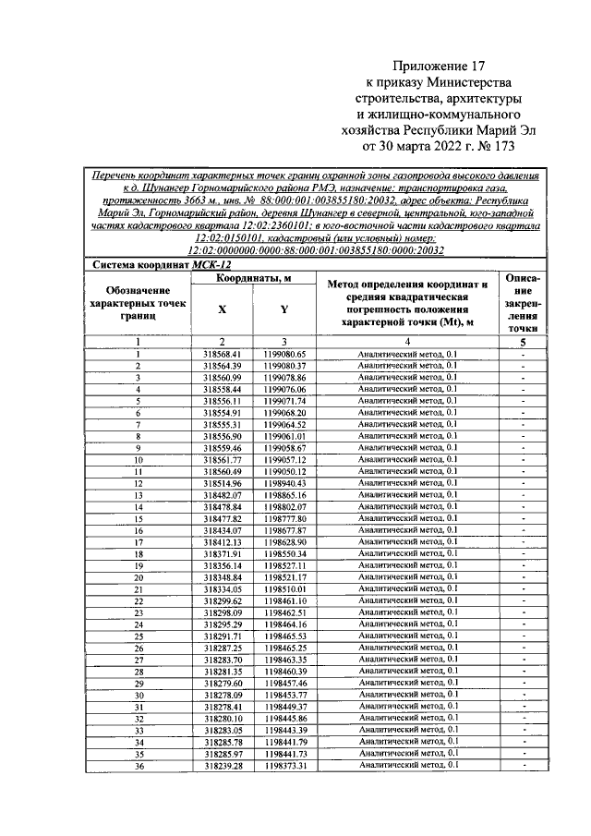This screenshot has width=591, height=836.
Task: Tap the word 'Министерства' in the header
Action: pos(474,82)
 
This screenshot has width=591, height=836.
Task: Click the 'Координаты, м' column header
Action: pos(254,278)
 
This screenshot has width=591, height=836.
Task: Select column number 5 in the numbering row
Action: pos(523,342)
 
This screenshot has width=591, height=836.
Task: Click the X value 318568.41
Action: pos(222,354)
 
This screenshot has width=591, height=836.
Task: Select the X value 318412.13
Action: pos(222,541)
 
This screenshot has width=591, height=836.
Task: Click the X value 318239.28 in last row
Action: pos(222,765)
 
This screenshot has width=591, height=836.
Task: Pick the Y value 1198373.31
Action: pos(283,765)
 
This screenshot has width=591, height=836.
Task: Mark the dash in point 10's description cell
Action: pos(523,459)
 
